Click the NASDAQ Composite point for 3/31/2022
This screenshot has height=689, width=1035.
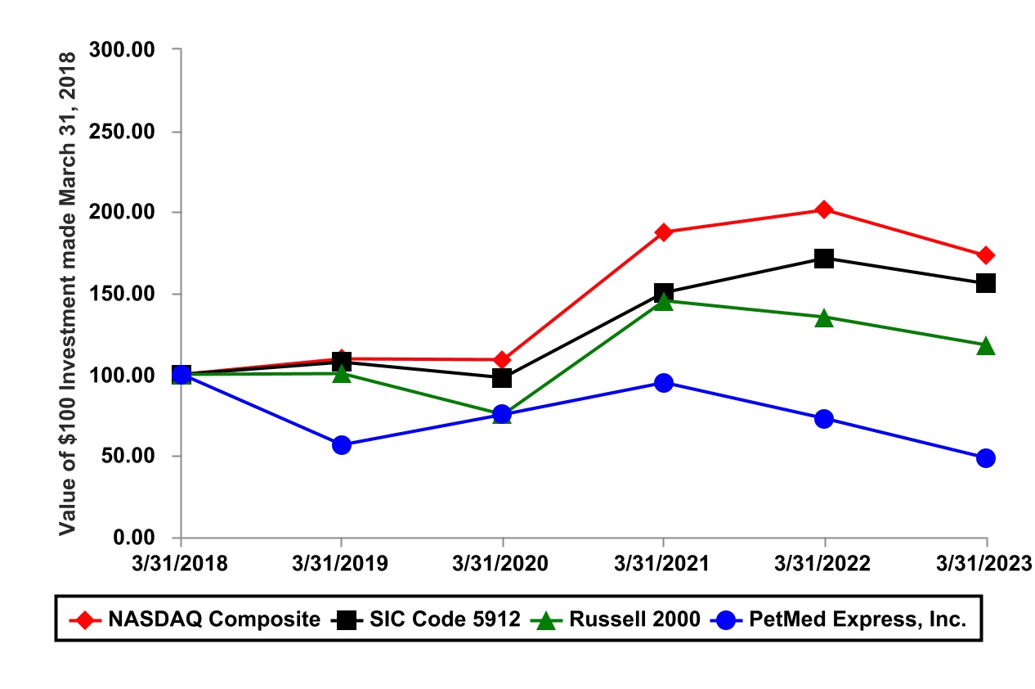point(824,209)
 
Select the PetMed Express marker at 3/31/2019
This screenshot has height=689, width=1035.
point(342,445)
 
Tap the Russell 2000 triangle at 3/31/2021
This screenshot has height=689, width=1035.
point(664,301)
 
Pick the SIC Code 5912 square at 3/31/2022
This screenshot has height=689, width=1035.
point(824,259)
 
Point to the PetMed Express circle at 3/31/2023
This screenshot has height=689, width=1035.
point(986,458)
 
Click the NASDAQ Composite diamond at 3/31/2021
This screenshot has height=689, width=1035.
point(664,232)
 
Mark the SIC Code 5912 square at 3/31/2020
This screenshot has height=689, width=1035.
point(502,378)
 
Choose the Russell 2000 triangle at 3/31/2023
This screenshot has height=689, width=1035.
point(986,345)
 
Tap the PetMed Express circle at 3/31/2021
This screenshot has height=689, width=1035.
point(664,383)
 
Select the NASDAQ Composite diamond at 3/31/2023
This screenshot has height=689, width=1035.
point(986,255)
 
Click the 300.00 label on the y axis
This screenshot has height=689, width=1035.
point(124,50)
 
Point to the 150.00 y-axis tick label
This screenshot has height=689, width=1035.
point(124,294)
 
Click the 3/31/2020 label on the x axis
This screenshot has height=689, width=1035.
point(502,564)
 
